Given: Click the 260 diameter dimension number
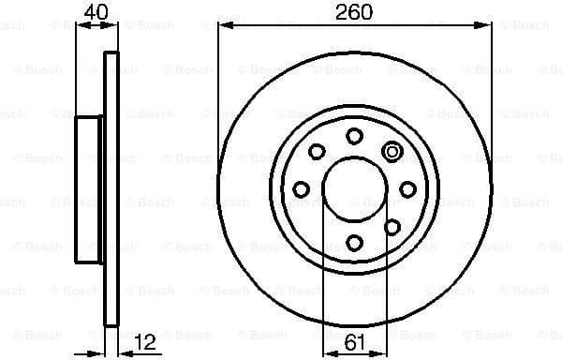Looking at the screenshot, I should pyautogui.click(x=354, y=13).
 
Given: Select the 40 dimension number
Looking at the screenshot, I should pyautogui.click(x=96, y=13).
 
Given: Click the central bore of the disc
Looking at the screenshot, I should pyautogui.click(x=354, y=190).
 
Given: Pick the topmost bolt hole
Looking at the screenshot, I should pyautogui.click(x=354, y=137).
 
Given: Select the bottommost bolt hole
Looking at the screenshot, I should pyautogui.click(x=354, y=244).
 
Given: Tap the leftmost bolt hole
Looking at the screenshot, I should pyautogui.click(x=301, y=190).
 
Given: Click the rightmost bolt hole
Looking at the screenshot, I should pyautogui.click(x=407, y=190).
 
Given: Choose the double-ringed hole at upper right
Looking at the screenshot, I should pyautogui.click(x=392, y=152).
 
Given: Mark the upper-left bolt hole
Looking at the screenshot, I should pyautogui.click(x=317, y=152).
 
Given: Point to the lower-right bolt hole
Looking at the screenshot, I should pyautogui.click(x=392, y=228).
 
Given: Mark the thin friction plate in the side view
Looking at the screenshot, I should pyautogui.click(x=111, y=187).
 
